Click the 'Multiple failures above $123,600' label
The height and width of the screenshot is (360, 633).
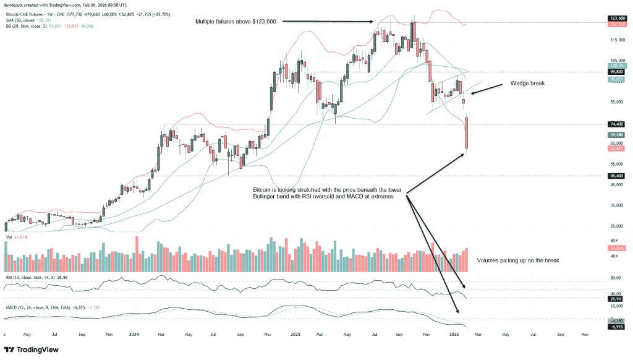click(x=234, y=22)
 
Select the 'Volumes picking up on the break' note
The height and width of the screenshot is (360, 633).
click(x=518, y=261)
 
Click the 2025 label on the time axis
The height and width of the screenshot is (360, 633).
click(x=294, y=333)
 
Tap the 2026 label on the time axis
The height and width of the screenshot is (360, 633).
click(x=453, y=333)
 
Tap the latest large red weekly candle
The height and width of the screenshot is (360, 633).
click(x=466, y=132)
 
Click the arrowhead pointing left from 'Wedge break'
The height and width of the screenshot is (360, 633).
click(x=472, y=93)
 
